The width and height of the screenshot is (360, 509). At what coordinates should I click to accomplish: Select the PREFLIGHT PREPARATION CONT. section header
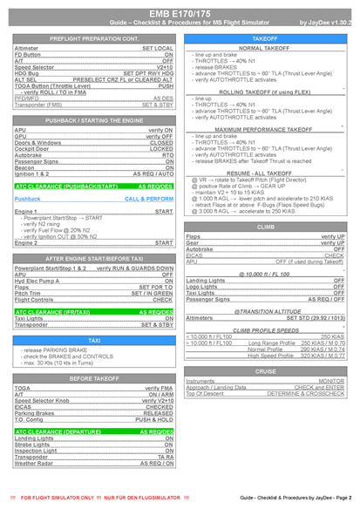(93, 40)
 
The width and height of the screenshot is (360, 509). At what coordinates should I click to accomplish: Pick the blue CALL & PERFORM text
(148, 199)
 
